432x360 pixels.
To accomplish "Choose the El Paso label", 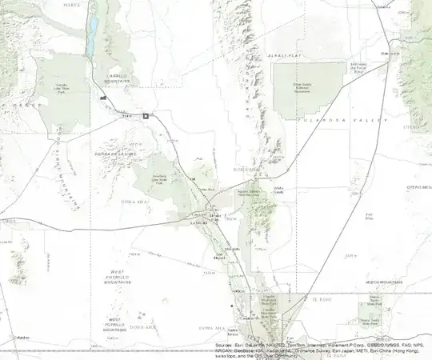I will click(x=321, y=298).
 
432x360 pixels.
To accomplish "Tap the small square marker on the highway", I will click(x=146, y=117).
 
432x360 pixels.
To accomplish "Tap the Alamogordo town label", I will click(x=390, y=54).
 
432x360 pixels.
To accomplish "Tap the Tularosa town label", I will click(x=384, y=6).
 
